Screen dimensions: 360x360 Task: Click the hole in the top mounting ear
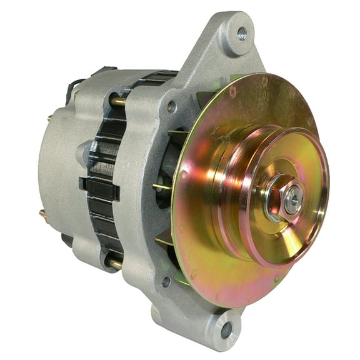tap(241, 33)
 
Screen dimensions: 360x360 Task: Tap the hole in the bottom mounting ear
tap(226, 330)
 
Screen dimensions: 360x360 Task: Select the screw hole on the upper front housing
tap(171, 107)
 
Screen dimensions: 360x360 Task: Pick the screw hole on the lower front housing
tap(167, 282)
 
